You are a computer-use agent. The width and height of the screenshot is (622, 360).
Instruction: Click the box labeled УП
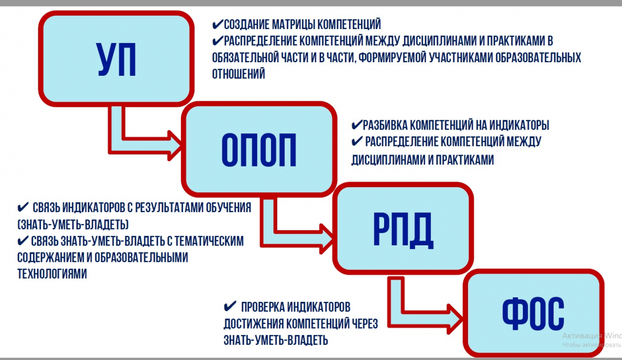click(116, 59)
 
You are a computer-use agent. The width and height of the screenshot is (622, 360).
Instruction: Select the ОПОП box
click(259, 149)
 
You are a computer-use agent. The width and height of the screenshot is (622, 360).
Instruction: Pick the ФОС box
click(533, 313)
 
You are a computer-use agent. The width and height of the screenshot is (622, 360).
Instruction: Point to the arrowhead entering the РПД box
click(327, 239)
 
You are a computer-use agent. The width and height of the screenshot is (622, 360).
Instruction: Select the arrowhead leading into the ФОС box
click(455, 319)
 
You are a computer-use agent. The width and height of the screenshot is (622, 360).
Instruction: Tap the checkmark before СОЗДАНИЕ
click(218, 24)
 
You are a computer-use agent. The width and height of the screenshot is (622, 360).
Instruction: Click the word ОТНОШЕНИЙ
click(238, 74)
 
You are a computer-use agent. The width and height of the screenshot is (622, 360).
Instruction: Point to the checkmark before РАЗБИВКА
click(357, 125)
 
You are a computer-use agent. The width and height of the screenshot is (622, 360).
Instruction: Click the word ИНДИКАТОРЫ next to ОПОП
click(519, 125)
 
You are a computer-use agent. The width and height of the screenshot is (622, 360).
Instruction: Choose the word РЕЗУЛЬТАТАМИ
click(170, 207)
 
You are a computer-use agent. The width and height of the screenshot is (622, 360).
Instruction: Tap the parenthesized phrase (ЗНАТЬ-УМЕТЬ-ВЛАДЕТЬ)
click(73, 224)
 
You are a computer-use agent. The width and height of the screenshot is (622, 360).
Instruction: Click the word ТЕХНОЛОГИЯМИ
click(52, 274)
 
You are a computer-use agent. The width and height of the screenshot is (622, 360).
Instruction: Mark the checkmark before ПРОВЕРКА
click(230, 307)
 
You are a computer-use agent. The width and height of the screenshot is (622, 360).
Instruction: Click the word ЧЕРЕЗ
click(365, 324)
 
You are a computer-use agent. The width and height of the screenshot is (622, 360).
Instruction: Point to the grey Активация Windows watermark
click(592, 340)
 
